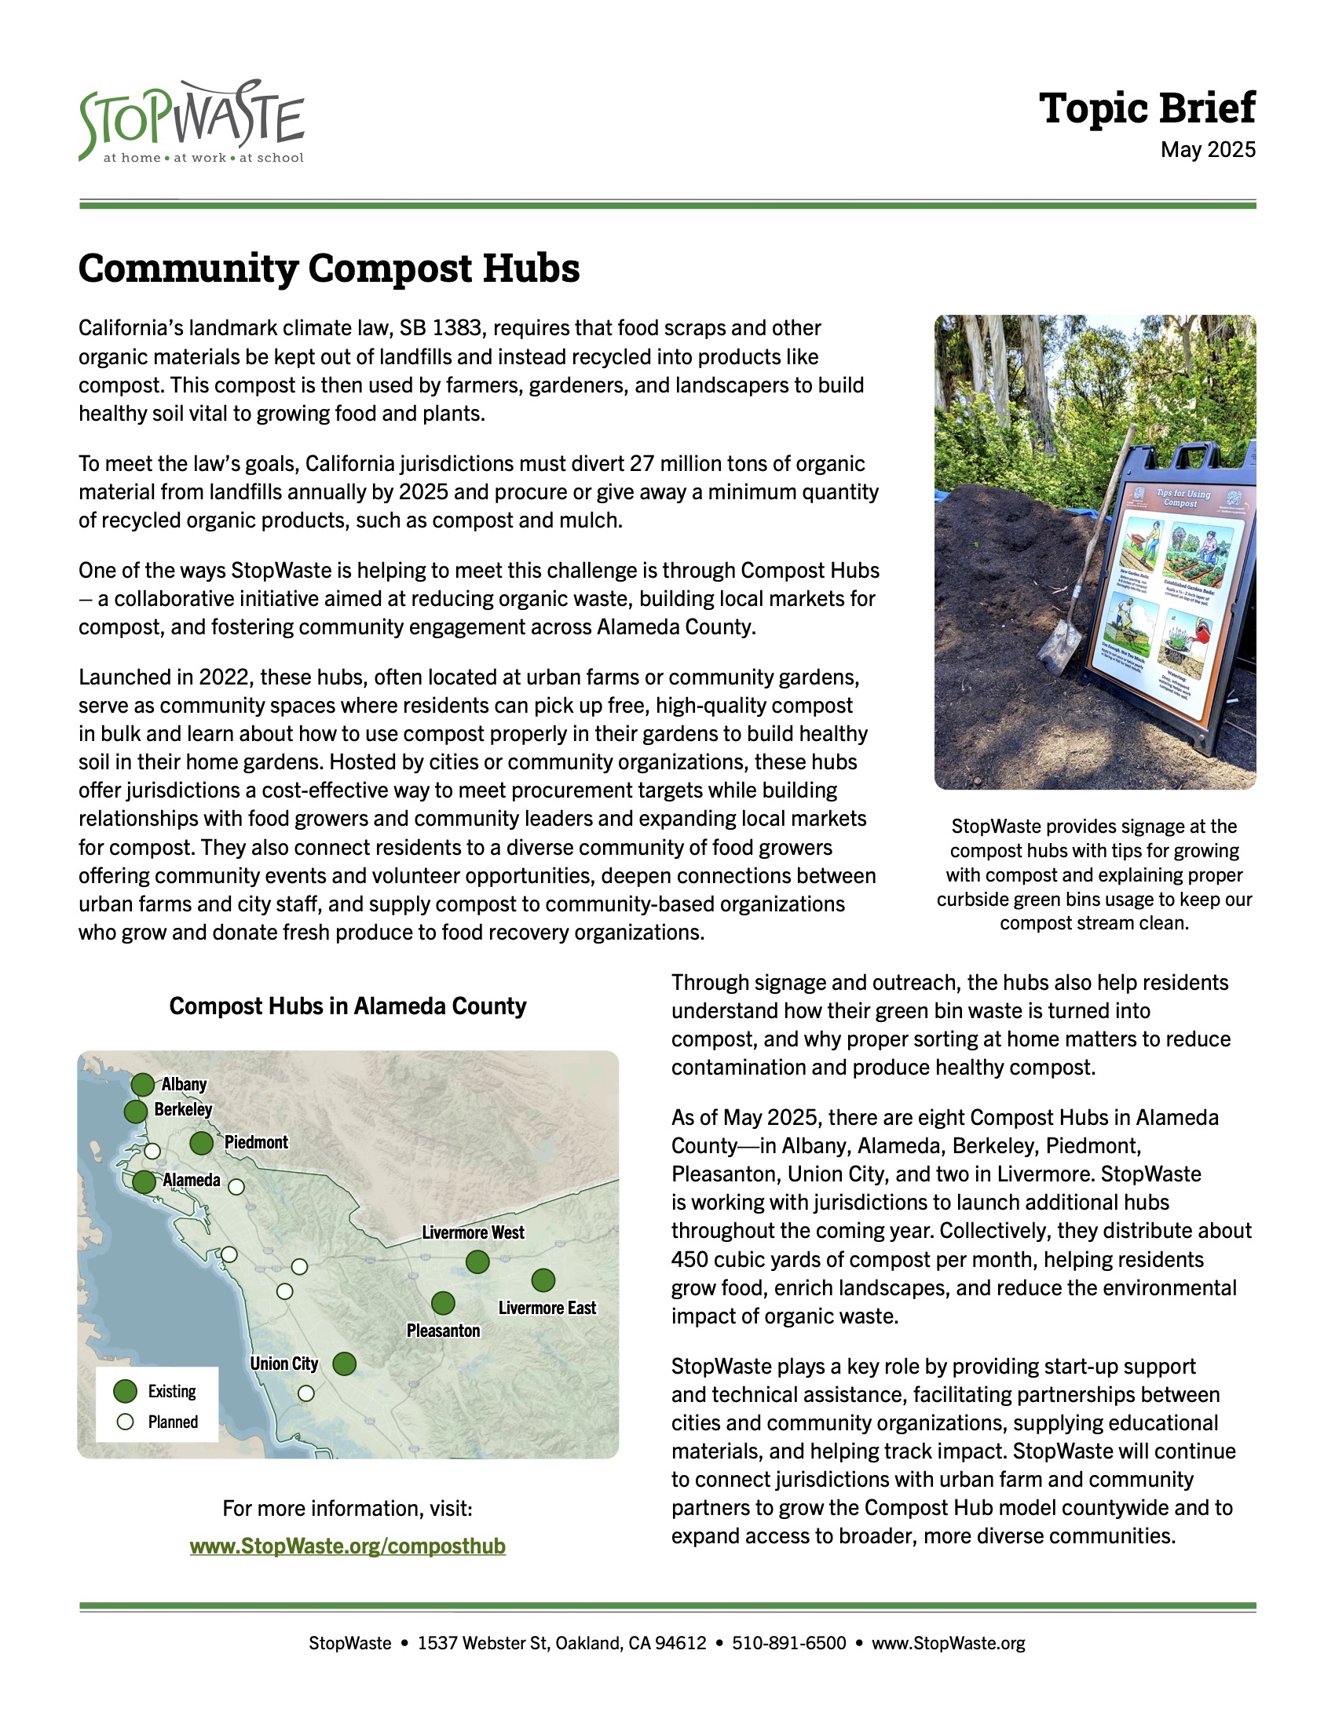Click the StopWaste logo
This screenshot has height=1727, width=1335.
point(192,122)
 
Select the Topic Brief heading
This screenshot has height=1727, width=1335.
point(1146,108)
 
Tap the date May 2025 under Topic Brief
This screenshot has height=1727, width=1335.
point(1207,150)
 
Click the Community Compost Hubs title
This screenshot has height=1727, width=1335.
point(329,268)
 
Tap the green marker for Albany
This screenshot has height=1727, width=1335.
point(143,1085)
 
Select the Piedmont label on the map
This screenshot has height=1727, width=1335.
point(256,1143)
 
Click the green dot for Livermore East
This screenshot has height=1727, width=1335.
point(543,1280)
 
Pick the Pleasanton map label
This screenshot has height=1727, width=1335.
point(443,1331)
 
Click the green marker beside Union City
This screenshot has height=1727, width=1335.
point(344,1364)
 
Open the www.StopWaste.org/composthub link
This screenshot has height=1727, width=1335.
point(347,1546)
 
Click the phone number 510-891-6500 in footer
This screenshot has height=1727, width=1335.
point(788,1643)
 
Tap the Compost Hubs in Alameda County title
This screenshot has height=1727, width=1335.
point(347,1006)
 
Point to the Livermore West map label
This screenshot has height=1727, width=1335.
point(473,1232)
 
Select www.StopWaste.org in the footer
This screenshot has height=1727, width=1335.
point(948,1643)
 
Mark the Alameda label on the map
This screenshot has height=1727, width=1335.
point(192,1181)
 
